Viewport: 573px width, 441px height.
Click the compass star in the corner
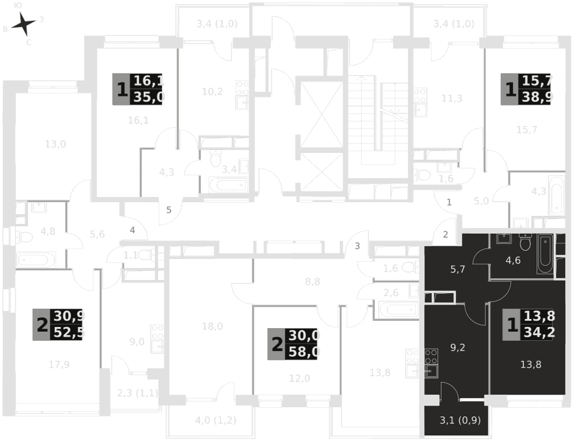click(x=23, y=24)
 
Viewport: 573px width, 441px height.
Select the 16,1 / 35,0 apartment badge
click(x=138, y=89)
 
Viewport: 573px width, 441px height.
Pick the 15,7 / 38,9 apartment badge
click(x=526, y=89)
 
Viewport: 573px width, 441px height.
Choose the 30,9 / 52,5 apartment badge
click(x=58, y=324)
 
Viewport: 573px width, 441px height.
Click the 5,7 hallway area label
click(x=457, y=269)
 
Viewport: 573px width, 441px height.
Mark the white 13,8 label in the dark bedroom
click(x=531, y=364)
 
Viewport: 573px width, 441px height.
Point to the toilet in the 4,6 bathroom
click(x=526, y=243)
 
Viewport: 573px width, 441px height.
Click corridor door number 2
click(x=445, y=233)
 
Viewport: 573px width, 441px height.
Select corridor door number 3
click(x=357, y=246)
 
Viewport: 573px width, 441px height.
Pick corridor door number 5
click(x=168, y=210)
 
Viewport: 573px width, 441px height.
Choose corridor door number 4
click(x=132, y=230)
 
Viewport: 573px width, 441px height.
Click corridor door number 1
click(x=449, y=202)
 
